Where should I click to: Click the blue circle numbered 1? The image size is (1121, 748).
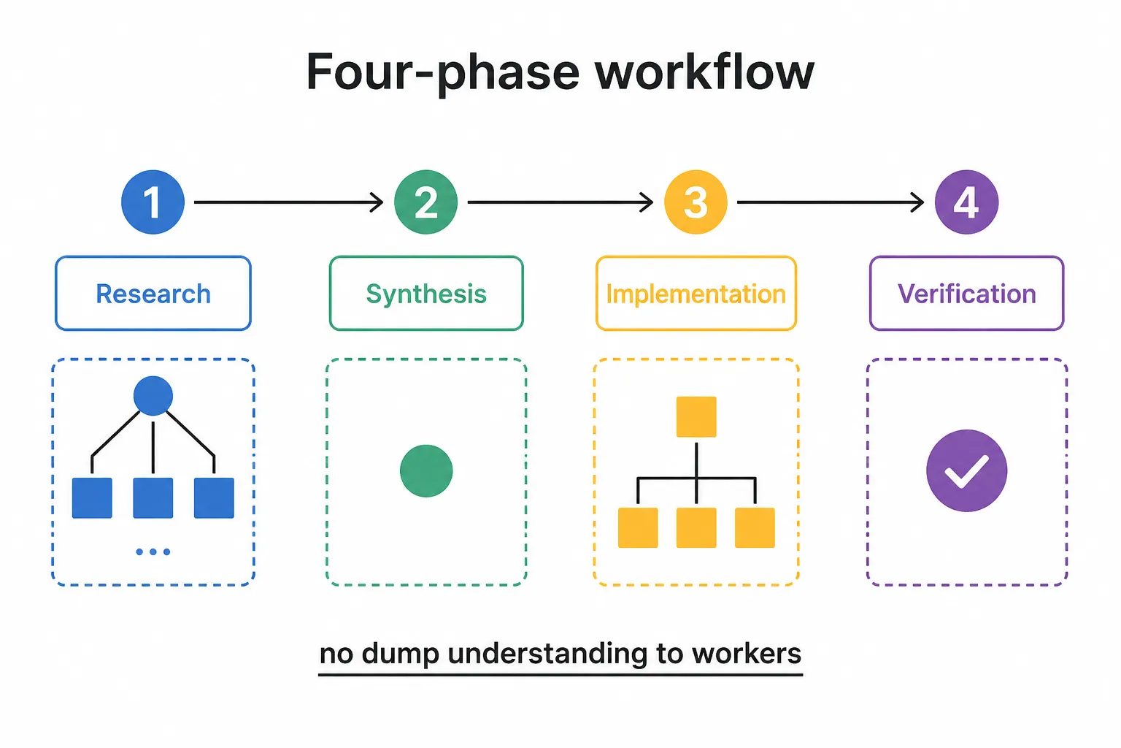pyautogui.click(x=153, y=202)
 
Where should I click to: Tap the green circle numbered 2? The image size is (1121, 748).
pyautogui.click(x=426, y=202)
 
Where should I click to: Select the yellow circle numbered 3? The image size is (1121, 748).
pyautogui.click(x=696, y=202)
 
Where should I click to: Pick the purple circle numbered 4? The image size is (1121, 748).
pyautogui.click(x=966, y=202)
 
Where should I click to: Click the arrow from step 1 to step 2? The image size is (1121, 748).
pyautogui.click(x=289, y=202)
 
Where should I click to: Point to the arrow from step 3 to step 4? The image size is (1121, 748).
pyautogui.click(x=831, y=202)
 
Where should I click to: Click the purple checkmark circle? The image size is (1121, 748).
pyautogui.click(x=967, y=470)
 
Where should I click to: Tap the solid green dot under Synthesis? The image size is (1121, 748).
pyautogui.click(x=426, y=470)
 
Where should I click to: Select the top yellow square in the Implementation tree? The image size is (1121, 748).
pyautogui.click(x=696, y=417)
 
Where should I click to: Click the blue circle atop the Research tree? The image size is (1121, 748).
pyautogui.click(x=153, y=396)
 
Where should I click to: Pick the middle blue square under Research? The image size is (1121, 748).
pyautogui.click(x=153, y=497)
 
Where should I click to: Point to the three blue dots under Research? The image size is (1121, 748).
pyautogui.click(x=153, y=552)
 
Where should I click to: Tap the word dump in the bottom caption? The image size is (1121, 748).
pyautogui.click(x=400, y=654)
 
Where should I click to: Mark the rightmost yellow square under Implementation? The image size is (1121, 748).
pyautogui.click(x=755, y=527)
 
